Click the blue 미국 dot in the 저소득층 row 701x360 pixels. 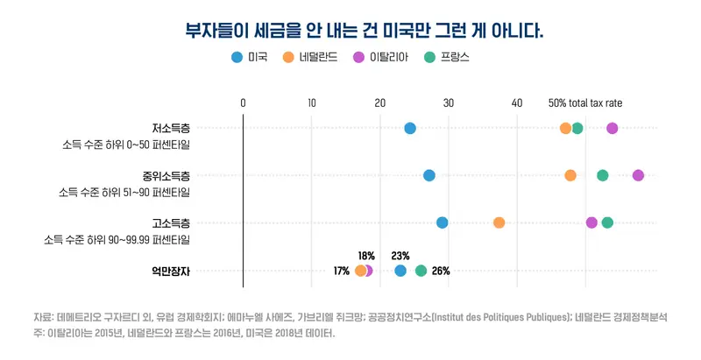point(410,129)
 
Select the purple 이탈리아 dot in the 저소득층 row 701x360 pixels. point(612,129)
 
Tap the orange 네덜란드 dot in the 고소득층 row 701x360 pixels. point(499,222)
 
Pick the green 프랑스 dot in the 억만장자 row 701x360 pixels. point(421,271)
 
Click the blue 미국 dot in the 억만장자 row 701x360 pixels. point(400,271)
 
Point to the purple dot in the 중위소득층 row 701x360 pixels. point(638,175)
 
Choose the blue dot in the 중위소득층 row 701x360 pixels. point(429,175)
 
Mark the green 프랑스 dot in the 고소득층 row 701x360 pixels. point(607,222)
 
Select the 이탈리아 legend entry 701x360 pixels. point(385,58)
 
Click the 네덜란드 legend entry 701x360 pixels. point(311,58)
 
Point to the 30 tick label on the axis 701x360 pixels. point(449,103)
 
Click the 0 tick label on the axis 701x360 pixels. point(243,103)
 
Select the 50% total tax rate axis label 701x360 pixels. point(585,103)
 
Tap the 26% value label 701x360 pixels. point(441,271)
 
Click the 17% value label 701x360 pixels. point(342,271)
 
